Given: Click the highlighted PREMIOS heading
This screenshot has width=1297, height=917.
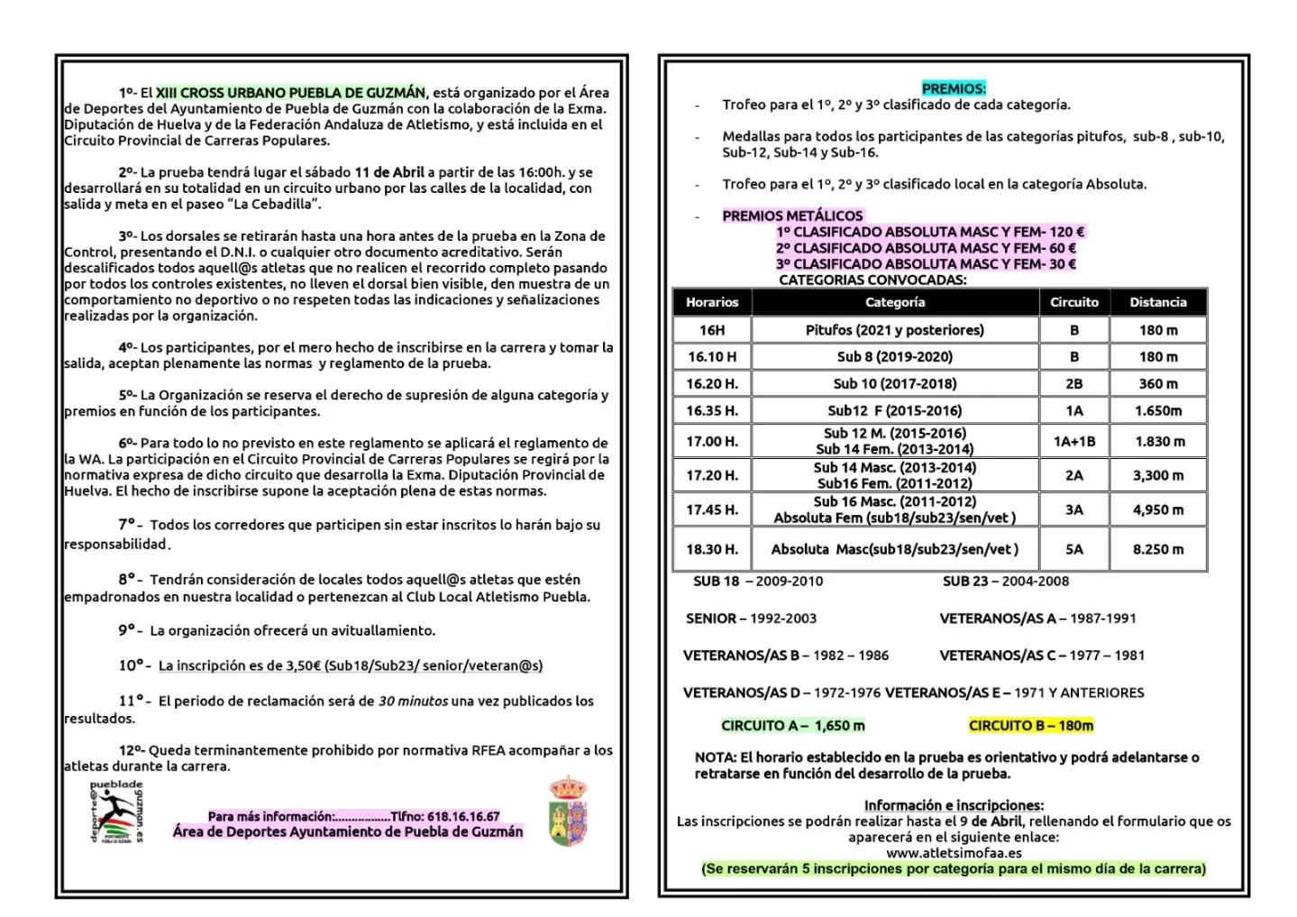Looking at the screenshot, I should coord(954,88).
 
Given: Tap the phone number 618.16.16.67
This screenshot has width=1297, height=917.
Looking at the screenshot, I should coord(463,816).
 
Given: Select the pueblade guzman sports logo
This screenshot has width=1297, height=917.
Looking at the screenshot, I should coord(116,812).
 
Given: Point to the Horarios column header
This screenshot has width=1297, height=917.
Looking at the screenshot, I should coord(712,302).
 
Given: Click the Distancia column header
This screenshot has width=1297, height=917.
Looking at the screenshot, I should coord(1158,302).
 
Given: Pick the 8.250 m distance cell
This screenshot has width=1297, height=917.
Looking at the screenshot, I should coord(1158,549).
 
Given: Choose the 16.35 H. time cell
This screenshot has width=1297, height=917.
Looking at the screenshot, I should coord(712,410).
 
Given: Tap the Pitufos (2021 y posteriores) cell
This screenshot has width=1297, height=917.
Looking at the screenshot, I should coord(894,330).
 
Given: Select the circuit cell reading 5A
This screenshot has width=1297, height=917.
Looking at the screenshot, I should coord(1074,549).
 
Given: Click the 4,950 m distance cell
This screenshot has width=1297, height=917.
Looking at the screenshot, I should coord(1158,509).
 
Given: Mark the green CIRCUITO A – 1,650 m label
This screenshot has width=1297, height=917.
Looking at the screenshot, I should coord(792,726).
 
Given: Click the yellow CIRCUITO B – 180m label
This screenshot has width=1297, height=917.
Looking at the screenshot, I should coord(1031,726).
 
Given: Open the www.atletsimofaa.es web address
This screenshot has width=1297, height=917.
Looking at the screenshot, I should coord(954,853).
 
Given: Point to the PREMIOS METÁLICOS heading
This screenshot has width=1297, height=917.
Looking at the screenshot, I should coord(792,215).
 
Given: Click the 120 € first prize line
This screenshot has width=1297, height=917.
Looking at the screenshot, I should coord(930,232).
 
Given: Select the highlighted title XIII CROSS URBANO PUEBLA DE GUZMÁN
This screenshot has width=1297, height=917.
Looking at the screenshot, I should coord(290,92).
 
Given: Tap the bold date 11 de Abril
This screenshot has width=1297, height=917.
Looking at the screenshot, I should coord(389,171).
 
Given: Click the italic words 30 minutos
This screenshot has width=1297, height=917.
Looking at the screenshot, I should coord(413,701).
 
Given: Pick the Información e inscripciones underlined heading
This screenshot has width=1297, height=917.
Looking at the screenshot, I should coord(954,805).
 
